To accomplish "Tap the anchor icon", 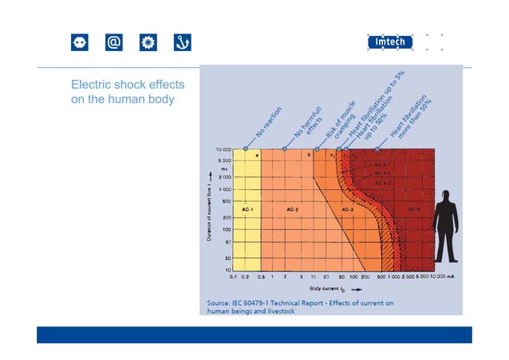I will pyautogui.click(x=183, y=42).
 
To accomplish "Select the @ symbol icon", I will pyautogui.click(x=114, y=42).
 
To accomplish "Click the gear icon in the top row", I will pyautogui.click(x=148, y=42).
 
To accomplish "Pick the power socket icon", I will pyautogui.click(x=80, y=42).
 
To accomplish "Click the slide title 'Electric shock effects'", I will pyautogui.click(x=128, y=85).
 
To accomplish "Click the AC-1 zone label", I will pyautogui.click(x=247, y=210).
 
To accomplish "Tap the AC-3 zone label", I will pyautogui.click(x=348, y=210).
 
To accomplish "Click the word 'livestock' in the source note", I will pyautogui.click(x=278, y=312).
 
